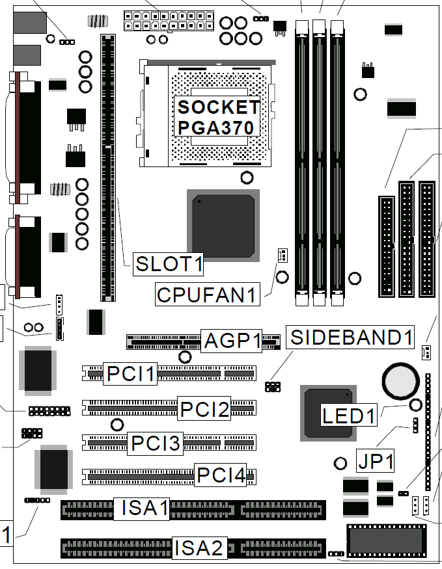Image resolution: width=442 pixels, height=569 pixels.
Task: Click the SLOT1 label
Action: click(168, 264)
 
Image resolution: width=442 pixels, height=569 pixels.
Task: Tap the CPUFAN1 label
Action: click(208, 295)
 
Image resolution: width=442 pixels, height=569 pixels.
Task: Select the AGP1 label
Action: click(232, 341)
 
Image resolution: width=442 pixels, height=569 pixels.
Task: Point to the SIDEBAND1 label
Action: click(350, 337)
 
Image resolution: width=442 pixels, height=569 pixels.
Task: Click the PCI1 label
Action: click(130, 373)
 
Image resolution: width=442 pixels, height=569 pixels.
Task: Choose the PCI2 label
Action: click(204, 408)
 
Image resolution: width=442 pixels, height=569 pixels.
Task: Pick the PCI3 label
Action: click(155, 443)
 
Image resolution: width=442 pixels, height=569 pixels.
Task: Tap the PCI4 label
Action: click(221, 475)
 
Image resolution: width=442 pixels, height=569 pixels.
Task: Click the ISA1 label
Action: click(142, 509)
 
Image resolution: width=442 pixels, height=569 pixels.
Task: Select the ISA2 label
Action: click(199, 548)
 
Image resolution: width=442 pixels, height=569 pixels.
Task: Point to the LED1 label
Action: click(349, 415)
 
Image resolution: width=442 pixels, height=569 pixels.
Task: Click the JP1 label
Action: click(375, 461)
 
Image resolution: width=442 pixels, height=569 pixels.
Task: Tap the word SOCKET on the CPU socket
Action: click(219, 107)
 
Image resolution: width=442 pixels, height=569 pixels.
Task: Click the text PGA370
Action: click(215, 127)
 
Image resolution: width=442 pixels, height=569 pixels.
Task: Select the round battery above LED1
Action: click(400, 380)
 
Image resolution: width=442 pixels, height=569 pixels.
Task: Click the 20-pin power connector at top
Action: click(169, 21)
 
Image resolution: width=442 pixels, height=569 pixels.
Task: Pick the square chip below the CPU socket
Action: click(223, 226)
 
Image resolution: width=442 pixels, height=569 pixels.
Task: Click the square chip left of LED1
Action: click(328, 413)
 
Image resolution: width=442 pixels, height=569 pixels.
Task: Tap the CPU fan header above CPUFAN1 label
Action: click(283, 255)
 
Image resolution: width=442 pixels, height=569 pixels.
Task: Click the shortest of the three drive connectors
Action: click(387, 246)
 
